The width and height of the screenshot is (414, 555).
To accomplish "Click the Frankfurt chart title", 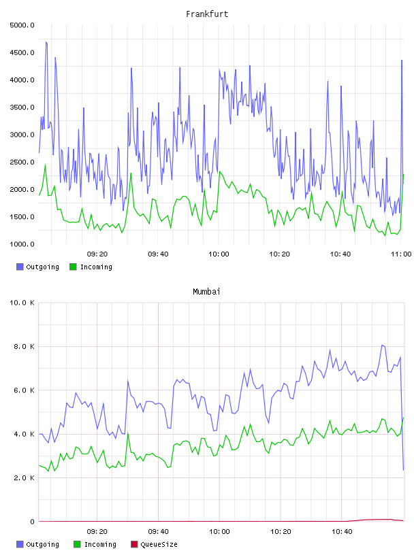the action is coord(207,14).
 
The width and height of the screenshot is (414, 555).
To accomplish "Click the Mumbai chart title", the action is coord(206,292).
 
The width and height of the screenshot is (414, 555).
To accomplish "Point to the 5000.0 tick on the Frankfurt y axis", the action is coord(22,25).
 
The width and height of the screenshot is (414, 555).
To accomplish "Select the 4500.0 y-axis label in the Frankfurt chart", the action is coord(22,52).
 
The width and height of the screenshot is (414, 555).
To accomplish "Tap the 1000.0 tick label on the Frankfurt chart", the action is coord(22,244).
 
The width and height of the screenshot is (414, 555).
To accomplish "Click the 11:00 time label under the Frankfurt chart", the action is coord(401,254).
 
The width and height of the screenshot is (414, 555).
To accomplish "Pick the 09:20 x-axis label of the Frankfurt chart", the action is coord(97,254).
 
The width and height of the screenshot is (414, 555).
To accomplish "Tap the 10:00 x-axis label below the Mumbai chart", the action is coord(219,531).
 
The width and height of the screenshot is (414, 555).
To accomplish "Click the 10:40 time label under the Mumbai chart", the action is coord(342,531).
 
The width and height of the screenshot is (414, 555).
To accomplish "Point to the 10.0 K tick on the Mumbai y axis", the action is coord(22,303).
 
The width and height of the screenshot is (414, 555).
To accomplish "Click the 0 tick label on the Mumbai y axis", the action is coord(32,522).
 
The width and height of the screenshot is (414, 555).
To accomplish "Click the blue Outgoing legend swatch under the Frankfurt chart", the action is coord(20,267).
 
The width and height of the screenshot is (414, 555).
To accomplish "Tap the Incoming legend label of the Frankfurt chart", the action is coord(96,267).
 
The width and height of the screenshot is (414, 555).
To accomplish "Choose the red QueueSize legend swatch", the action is coord(134,544).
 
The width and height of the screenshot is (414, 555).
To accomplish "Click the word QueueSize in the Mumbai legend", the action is coord(159,544).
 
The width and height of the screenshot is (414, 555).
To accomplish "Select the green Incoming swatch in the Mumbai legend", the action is coord(77,544).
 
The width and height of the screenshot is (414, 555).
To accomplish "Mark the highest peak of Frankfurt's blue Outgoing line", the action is coord(46,41).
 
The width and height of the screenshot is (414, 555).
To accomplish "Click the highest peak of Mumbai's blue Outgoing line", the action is coord(382,345).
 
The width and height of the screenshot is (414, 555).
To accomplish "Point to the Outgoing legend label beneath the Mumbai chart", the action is coord(42,544).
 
